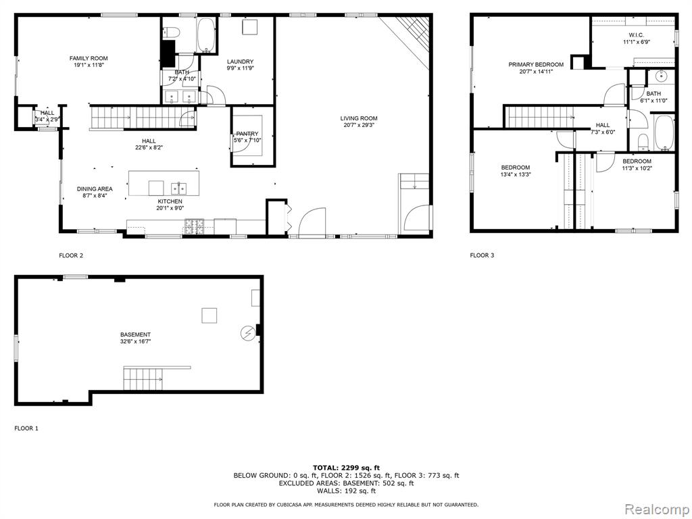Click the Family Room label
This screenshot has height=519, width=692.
point(89,58)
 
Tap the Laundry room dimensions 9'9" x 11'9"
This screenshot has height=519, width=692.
point(240,68)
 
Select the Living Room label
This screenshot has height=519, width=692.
point(359,118)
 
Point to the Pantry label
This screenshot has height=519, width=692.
point(247,134)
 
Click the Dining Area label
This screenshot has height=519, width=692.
point(95,189)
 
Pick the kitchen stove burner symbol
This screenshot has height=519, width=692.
point(194,226)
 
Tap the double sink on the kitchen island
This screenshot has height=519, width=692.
point(178,189)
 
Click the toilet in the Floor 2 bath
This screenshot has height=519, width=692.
point(172,32)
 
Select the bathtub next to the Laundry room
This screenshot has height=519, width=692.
point(205,35)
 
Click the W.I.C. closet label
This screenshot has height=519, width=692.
point(637,35)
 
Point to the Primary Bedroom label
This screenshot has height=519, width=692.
point(536,64)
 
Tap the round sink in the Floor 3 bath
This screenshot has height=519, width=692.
point(661,76)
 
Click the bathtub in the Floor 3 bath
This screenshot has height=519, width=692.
point(664,132)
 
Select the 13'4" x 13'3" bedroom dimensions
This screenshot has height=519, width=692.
point(516,174)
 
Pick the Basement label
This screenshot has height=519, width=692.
point(135,335)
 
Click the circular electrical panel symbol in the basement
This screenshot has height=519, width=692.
point(247,333)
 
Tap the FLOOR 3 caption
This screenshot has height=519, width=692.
point(482,255)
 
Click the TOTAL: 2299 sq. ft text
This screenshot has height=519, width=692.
point(346,468)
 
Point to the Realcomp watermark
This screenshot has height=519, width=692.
point(657,510)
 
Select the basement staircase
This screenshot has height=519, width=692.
point(143,378)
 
